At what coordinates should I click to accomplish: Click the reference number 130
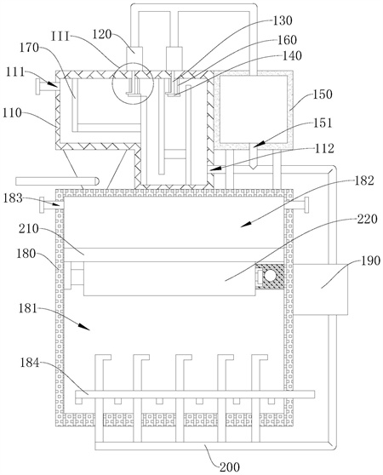[283, 21]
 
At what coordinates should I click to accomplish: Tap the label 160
[287, 40]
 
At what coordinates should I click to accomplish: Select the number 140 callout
[292, 55]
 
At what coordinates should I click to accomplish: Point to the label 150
[323, 94]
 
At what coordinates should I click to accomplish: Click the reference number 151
[322, 123]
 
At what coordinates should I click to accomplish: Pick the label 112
[324, 148]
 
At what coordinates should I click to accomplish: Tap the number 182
[364, 180]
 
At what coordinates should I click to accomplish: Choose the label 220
[368, 219]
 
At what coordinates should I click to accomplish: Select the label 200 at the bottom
[230, 466]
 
